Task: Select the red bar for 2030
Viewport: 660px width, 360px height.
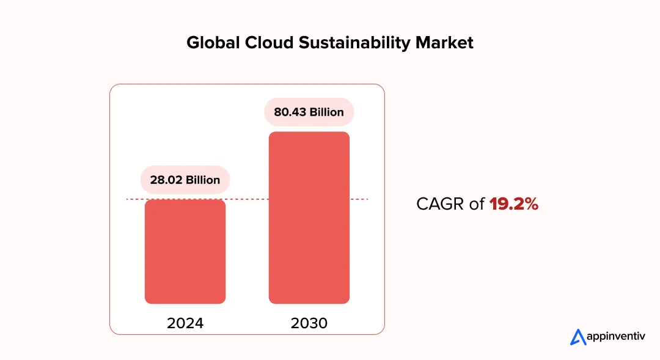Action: coord(309,218)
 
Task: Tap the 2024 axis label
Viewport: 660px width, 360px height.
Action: coord(185,323)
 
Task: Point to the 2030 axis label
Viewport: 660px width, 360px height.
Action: coord(309,323)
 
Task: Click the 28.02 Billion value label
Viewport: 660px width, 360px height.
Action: coord(185,180)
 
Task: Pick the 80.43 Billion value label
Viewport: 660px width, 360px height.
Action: coord(309,112)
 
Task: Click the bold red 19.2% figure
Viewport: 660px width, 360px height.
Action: coord(514,204)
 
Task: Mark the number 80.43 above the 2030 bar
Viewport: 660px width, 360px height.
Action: coord(290,112)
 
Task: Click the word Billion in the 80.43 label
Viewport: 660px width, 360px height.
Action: coord(327,112)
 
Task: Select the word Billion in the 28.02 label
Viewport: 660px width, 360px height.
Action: coord(203,180)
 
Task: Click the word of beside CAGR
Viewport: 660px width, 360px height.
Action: coord(477,204)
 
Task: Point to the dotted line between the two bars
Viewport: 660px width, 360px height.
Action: coord(248,199)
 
